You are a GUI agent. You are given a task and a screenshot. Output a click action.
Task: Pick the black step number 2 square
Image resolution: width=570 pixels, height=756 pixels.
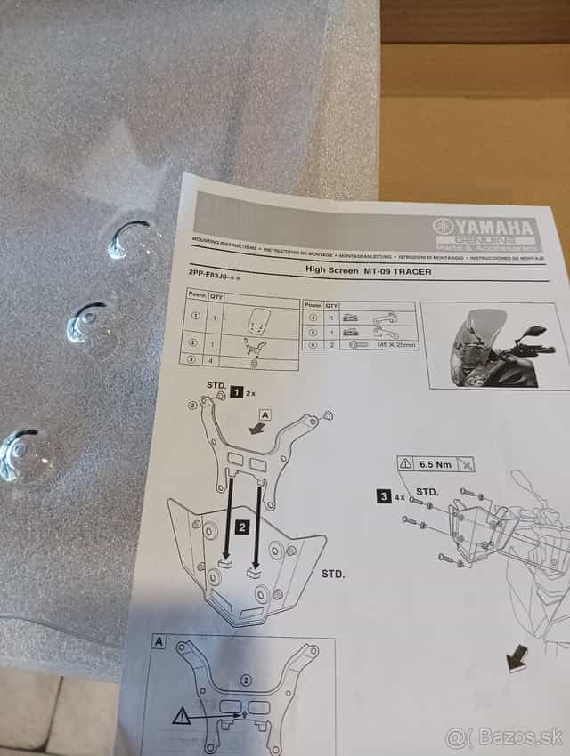(x=241, y=527)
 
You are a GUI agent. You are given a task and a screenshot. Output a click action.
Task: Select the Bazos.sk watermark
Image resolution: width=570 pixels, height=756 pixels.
(x=505, y=736)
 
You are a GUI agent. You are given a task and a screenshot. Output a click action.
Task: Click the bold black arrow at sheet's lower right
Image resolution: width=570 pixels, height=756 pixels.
(x=516, y=659)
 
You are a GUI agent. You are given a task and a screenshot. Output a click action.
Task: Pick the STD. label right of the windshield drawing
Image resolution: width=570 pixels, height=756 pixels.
(x=332, y=575)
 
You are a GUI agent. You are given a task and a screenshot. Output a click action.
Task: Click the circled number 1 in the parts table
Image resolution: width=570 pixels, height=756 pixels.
(x=195, y=315)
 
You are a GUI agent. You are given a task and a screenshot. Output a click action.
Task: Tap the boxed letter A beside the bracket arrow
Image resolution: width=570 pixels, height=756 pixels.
(x=266, y=414)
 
